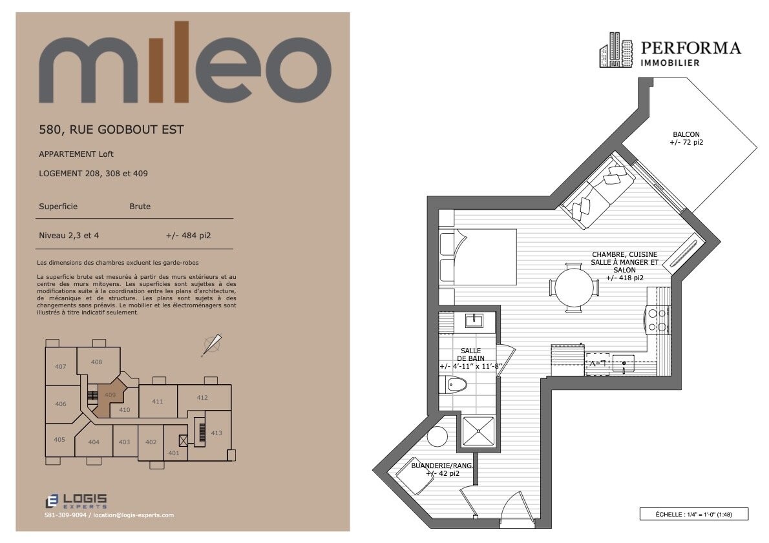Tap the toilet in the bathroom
pos(454,385)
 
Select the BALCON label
pos(686,134)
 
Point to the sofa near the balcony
pos(596,192)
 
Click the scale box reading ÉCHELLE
pos(693,514)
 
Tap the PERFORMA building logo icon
pos(616,50)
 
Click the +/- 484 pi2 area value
pos(188,236)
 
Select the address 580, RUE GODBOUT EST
pos(111,130)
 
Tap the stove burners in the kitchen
pos(656,320)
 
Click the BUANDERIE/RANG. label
pos(442,466)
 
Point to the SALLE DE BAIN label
pos(471,355)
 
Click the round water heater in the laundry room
pos(437,436)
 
